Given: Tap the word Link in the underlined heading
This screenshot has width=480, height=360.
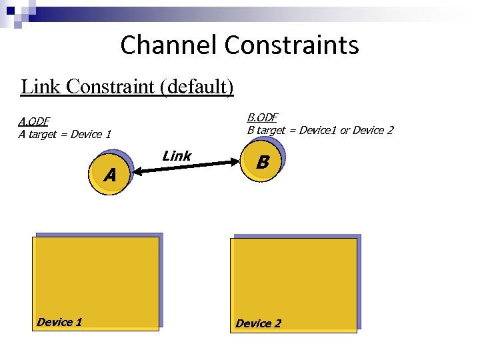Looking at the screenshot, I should click(x=41, y=87).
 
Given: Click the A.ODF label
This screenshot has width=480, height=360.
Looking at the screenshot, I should click(x=33, y=121).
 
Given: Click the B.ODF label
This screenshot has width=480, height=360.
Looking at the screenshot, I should click(x=262, y=117).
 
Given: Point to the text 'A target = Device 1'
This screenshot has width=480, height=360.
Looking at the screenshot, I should click(x=65, y=134).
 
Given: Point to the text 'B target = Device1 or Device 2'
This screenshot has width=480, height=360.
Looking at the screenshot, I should click(x=320, y=130).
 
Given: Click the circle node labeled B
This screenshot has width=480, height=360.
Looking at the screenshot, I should click(x=263, y=162).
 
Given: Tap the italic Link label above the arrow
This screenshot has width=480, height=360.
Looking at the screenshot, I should click(x=177, y=156).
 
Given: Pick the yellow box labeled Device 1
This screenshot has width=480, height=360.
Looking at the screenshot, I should click(x=97, y=283).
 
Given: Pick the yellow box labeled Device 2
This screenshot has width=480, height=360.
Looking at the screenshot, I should click(x=293, y=284).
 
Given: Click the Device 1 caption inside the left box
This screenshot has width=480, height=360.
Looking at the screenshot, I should click(x=59, y=322).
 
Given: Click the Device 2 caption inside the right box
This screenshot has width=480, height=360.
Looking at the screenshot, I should click(x=258, y=323).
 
